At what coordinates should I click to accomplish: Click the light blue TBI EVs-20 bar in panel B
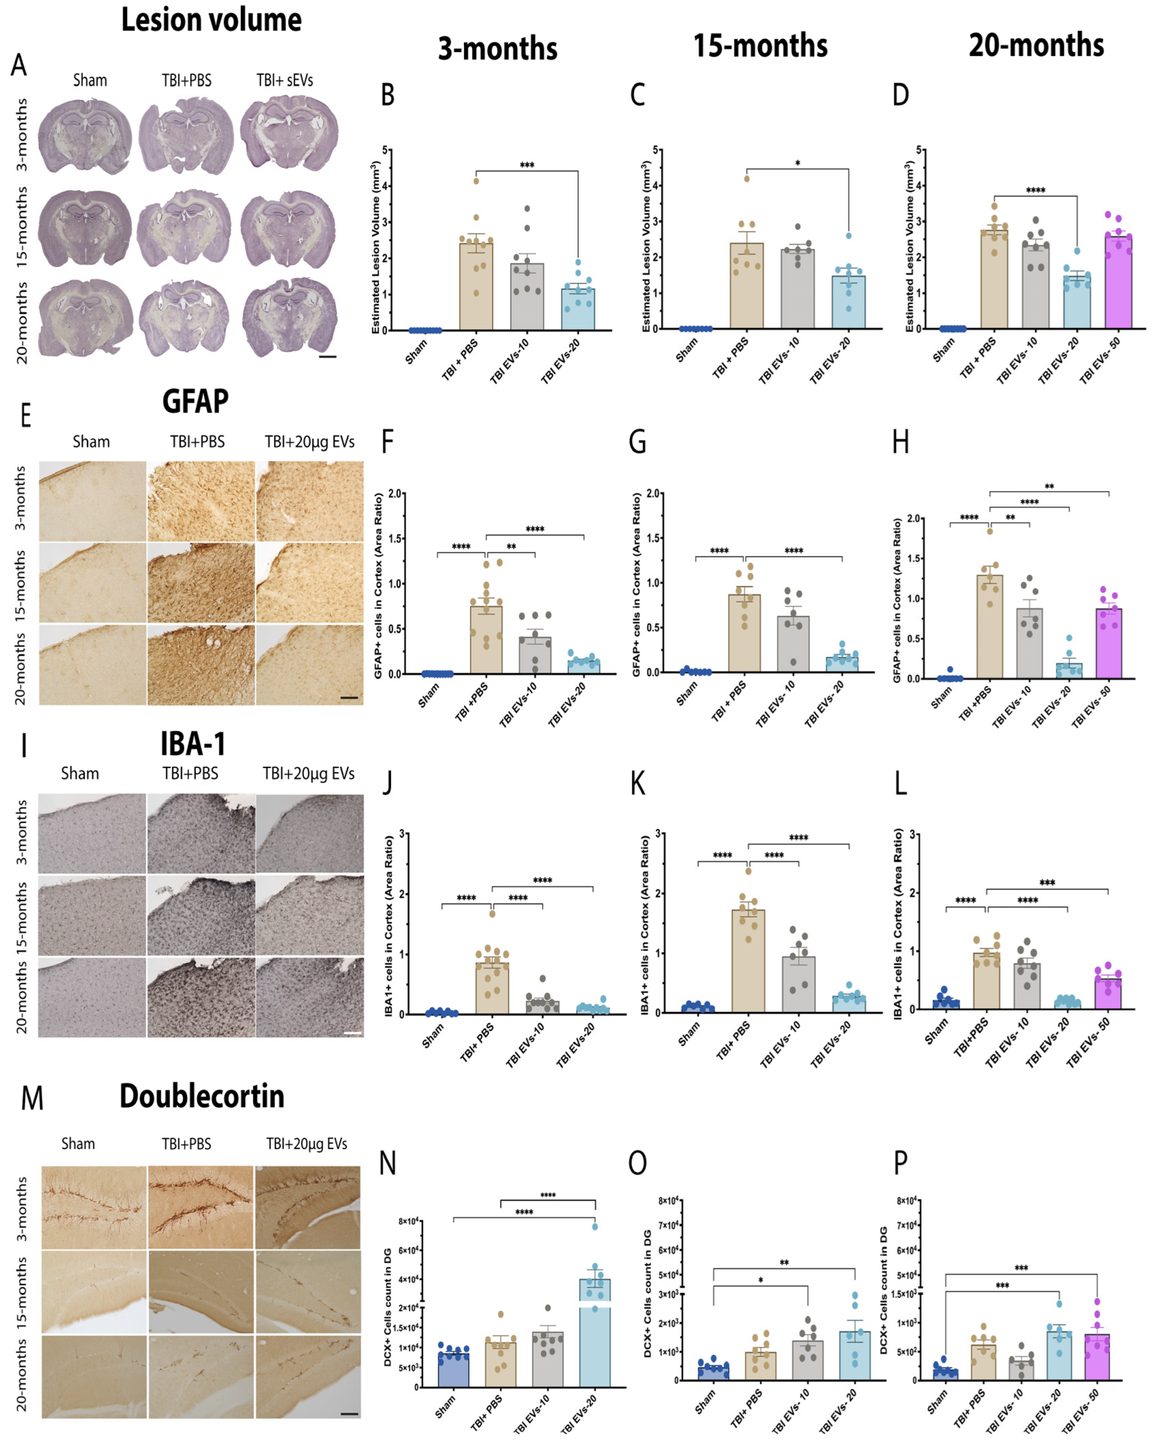point(578,309)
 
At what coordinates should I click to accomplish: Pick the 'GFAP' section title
point(195,401)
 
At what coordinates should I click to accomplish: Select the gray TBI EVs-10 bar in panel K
point(799,985)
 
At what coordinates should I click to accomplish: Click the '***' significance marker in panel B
point(527,165)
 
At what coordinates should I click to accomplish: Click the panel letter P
point(901,1163)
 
